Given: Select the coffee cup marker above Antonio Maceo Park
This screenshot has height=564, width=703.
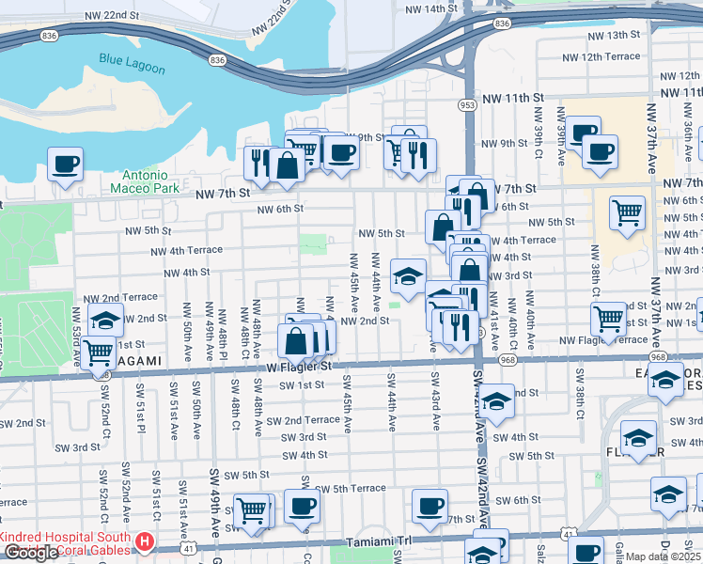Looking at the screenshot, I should click(x=65, y=164).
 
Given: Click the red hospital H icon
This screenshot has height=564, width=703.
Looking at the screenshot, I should click(x=144, y=542).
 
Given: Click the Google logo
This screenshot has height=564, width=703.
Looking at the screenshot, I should click(x=31, y=554).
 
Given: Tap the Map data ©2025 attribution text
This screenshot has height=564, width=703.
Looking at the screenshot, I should click(x=663, y=556).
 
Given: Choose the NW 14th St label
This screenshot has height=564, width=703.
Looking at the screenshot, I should click(x=436, y=8).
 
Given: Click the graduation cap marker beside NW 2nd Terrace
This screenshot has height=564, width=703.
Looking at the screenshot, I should click(x=105, y=319).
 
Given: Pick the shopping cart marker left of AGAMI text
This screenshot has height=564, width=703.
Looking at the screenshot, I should click(x=99, y=352).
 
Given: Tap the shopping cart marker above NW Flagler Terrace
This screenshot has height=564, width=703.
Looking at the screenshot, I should click(x=609, y=318).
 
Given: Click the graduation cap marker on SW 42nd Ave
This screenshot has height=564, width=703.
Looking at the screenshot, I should click(x=496, y=400).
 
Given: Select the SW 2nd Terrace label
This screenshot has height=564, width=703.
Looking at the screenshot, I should click(x=303, y=419).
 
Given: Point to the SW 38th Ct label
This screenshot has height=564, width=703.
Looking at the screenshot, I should click(x=581, y=401).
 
